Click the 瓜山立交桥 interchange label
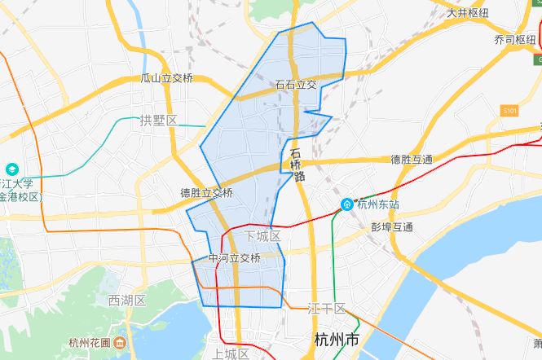coord(167,78)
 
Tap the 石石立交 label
coord(296,84)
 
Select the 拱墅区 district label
coord(158,121)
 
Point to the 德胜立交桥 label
coord(206,193)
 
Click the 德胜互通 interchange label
coord(412,159)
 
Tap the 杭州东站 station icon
coord(347,204)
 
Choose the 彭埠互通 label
coord(391,226)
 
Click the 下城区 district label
coord(262,236)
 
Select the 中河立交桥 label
coord(234,258)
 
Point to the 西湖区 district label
coord(126,300)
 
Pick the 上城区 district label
coord(231,353)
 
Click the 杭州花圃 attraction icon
coord(120,342)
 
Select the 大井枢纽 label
coord(468,13)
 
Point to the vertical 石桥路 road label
coord(297,165)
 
